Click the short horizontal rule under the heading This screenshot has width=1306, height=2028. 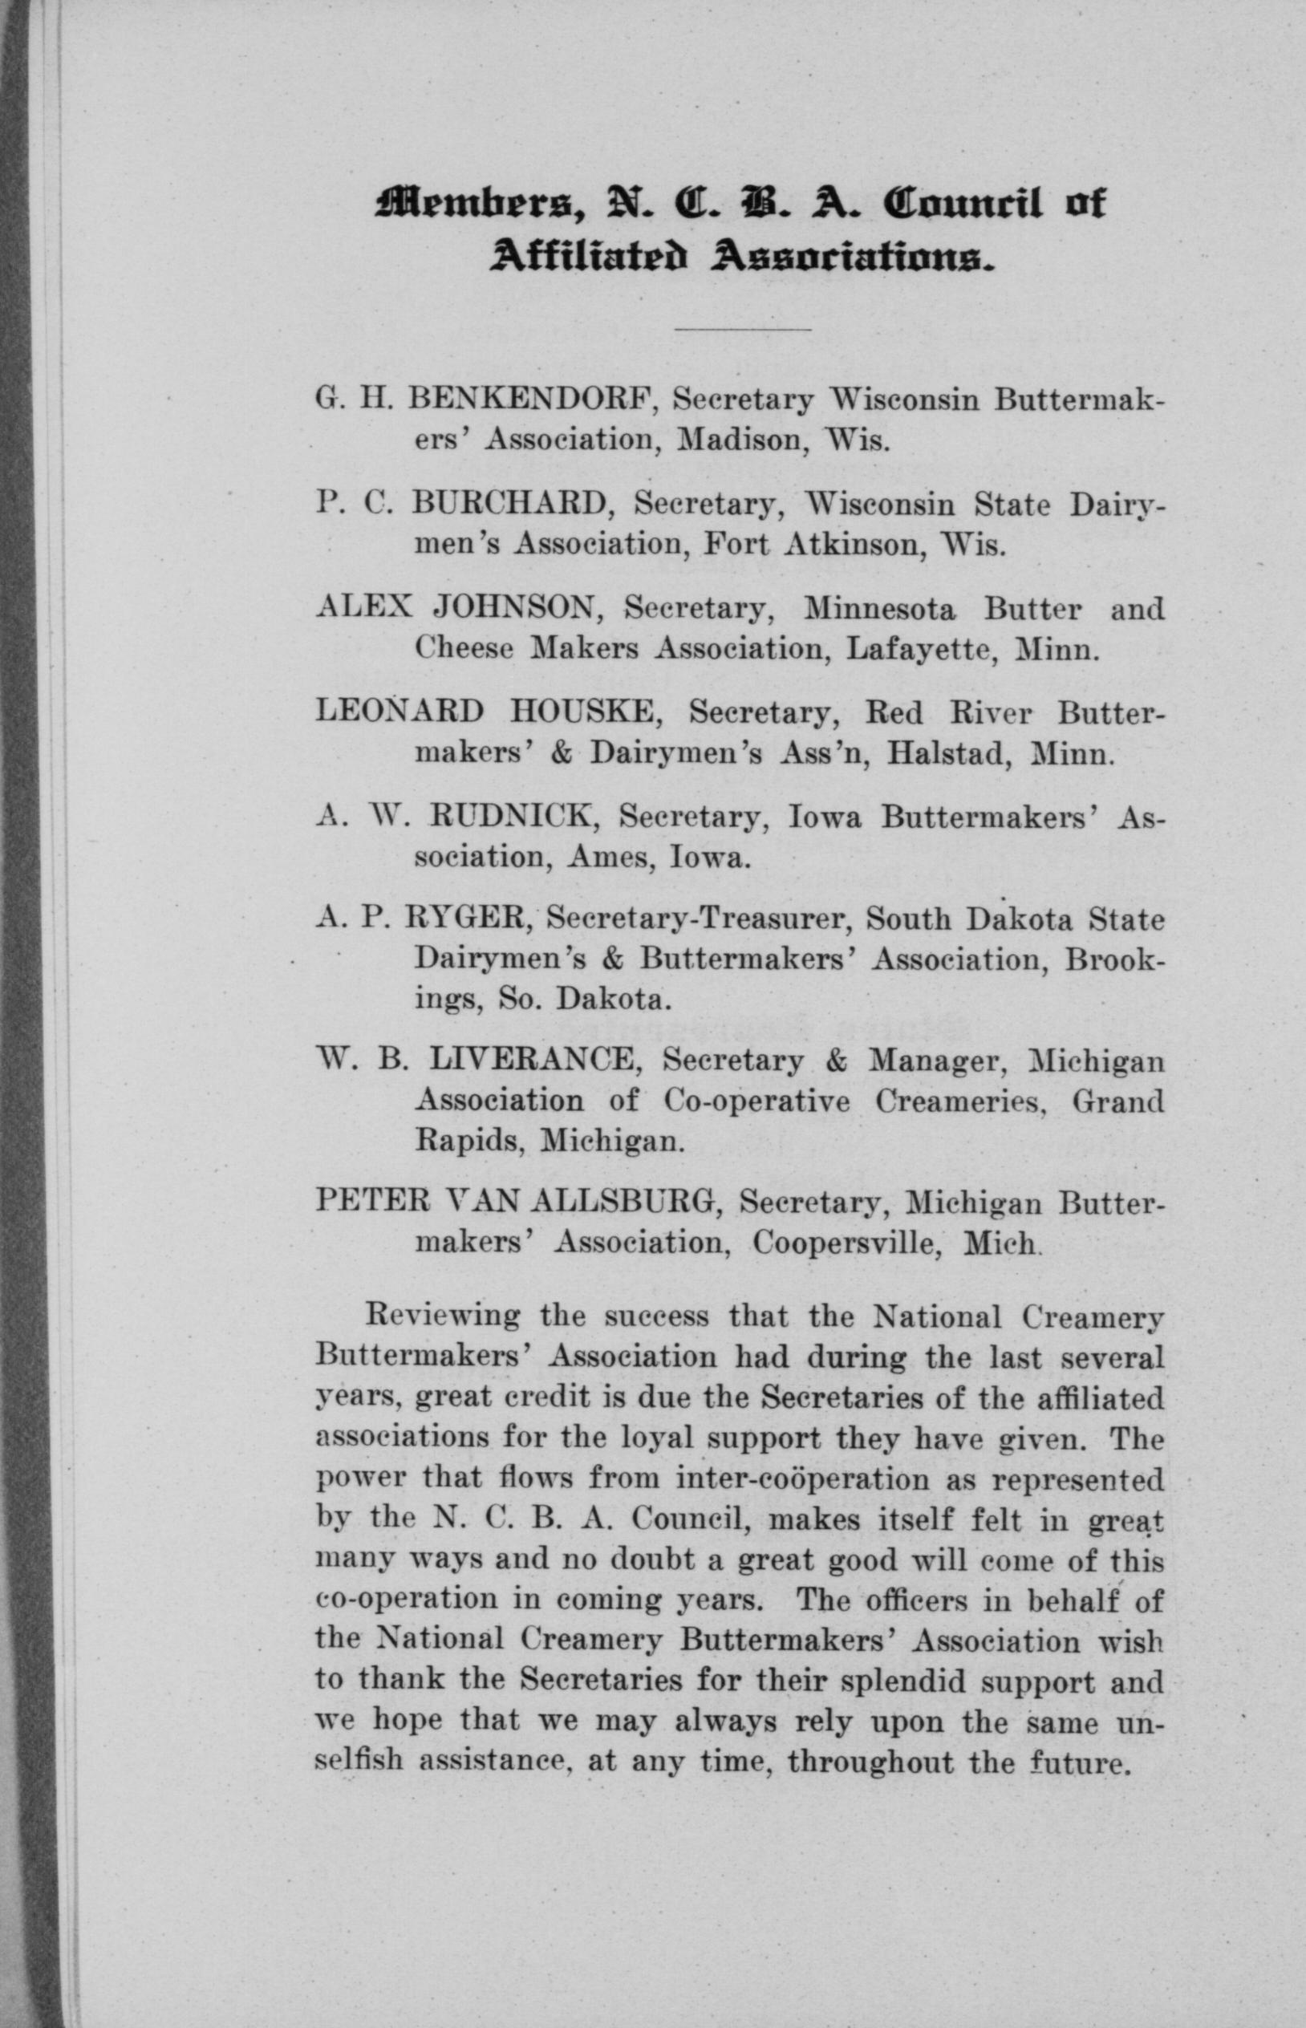(x=743, y=328)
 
